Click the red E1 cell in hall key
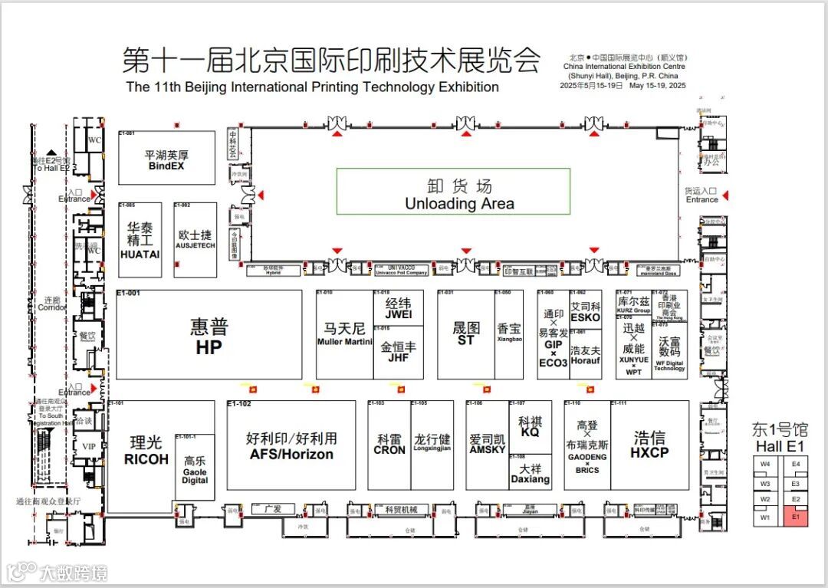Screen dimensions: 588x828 [x=796, y=517]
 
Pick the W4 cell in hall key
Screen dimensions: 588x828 [x=765, y=464]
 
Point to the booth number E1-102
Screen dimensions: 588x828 [x=239, y=403]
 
